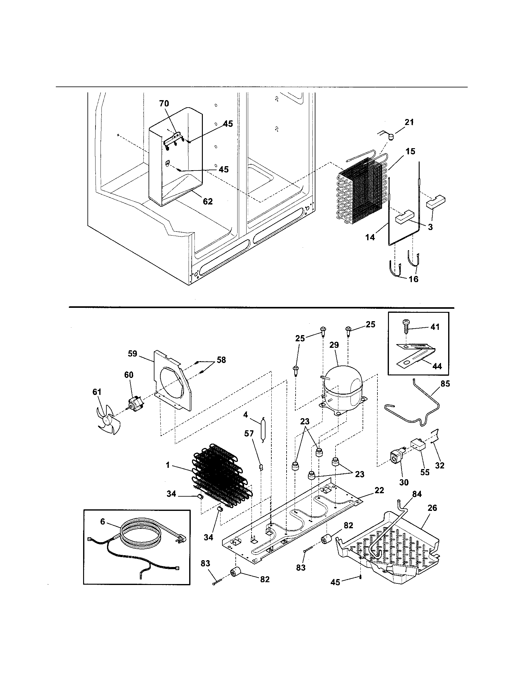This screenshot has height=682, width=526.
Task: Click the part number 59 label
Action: [132, 354]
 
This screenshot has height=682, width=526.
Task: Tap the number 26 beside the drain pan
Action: [432, 508]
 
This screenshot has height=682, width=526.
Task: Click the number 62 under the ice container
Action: [208, 202]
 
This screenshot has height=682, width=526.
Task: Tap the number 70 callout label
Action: [164, 103]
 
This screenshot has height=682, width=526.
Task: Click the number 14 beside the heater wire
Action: [370, 238]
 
